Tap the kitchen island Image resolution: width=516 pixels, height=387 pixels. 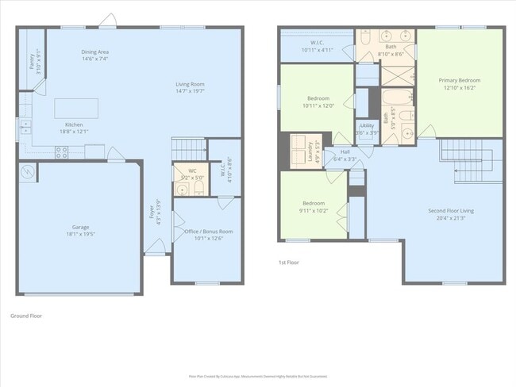(x=76, y=108)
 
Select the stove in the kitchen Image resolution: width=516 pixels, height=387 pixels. (x=61, y=154)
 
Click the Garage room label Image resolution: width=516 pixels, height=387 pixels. (x=80, y=227)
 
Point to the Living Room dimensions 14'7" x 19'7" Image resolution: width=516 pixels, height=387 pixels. (x=191, y=91)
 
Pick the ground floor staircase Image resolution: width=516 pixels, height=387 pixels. (x=188, y=148)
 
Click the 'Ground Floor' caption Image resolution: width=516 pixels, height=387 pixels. (x=25, y=316)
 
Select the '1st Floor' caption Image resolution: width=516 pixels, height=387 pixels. (x=287, y=262)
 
